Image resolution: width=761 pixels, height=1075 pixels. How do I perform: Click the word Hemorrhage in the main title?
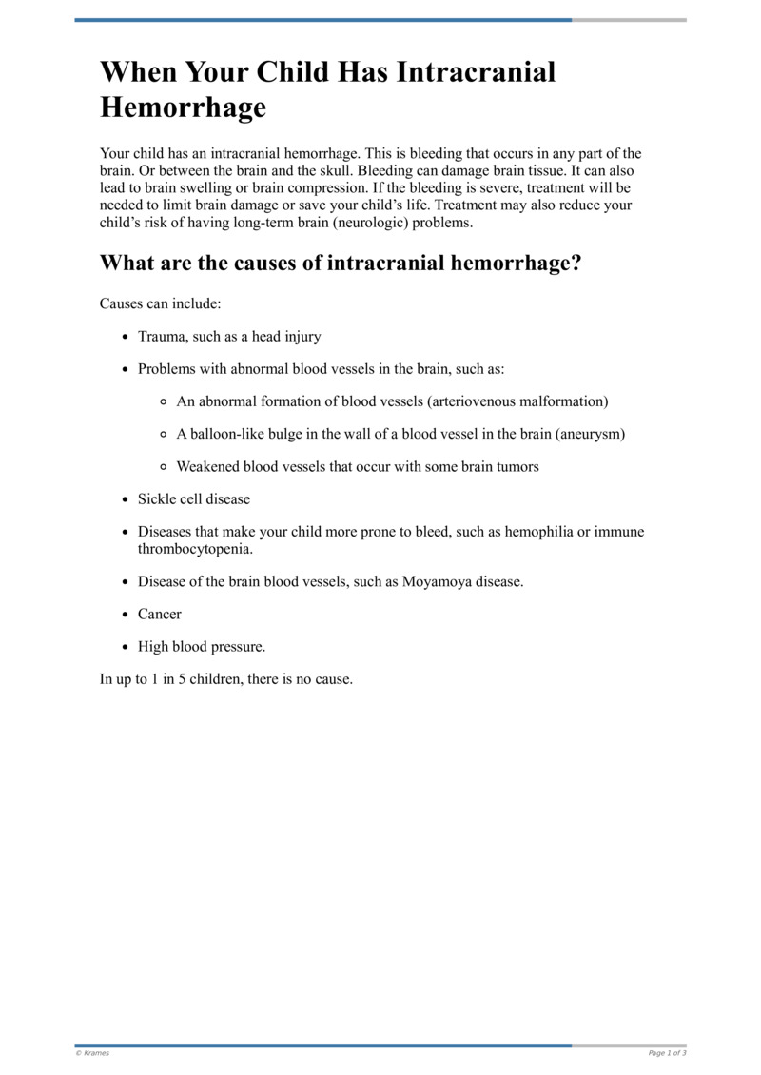click(183, 108)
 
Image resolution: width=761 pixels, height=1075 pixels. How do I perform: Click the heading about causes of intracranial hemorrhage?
click(340, 264)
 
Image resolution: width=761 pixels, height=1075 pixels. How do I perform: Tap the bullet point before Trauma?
click(126, 337)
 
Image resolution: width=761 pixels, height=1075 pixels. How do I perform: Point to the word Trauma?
click(163, 337)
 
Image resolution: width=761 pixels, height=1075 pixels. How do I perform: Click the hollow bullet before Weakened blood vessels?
click(164, 467)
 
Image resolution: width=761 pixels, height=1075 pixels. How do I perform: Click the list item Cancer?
click(160, 615)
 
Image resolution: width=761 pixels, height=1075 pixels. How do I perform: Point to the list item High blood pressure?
click(202, 647)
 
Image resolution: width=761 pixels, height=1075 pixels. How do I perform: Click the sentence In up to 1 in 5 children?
click(226, 679)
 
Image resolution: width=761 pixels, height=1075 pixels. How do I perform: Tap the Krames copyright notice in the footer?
click(92, 1053)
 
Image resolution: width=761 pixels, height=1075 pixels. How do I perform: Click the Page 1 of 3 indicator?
click(667, 1053)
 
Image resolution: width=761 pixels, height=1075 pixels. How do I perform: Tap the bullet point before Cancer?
click(126, 615)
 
